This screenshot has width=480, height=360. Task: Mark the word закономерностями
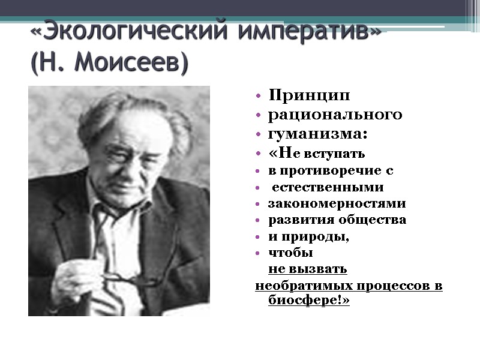point(337,203)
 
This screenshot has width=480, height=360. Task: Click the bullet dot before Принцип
point(257,96)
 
